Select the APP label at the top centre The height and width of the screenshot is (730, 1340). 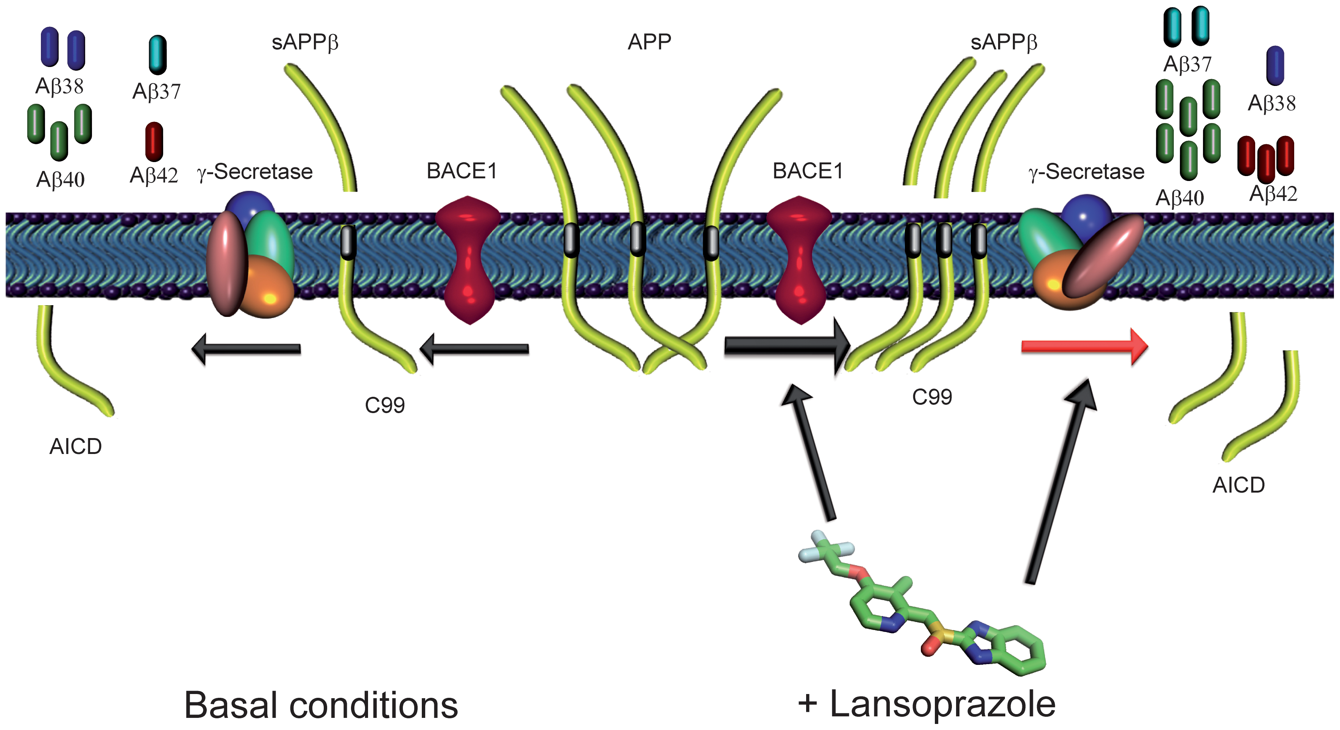click(649, 42)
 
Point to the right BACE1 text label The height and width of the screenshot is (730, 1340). click(807, 171)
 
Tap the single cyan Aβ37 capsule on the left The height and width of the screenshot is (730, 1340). click(157, 55)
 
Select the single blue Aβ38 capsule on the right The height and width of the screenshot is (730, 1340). click(1275, 66)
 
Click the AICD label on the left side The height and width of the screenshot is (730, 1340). click(75, 446)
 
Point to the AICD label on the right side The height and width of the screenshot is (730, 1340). click(1239, 485)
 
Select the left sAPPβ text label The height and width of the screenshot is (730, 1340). click(305, 42)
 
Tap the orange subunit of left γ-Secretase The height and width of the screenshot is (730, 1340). click(268, 288)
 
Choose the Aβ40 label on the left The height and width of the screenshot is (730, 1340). click(60, 180)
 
